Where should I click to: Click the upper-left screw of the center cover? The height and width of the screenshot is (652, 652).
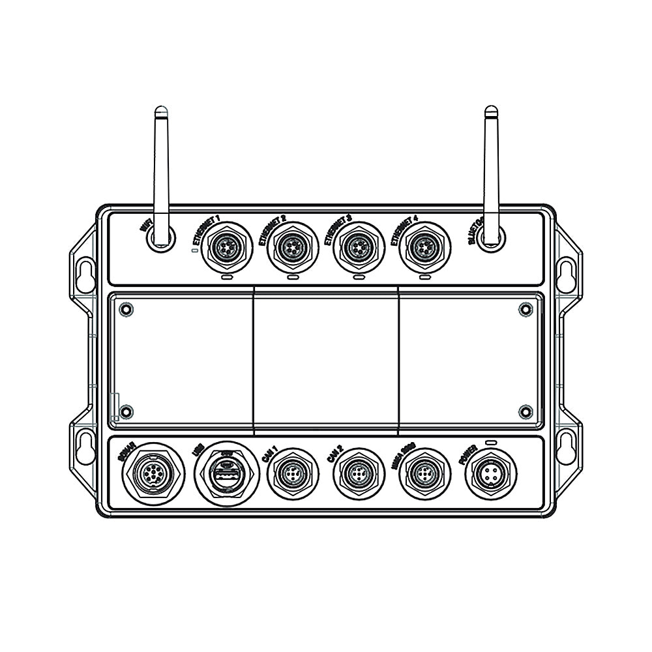[x=126, y=309]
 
